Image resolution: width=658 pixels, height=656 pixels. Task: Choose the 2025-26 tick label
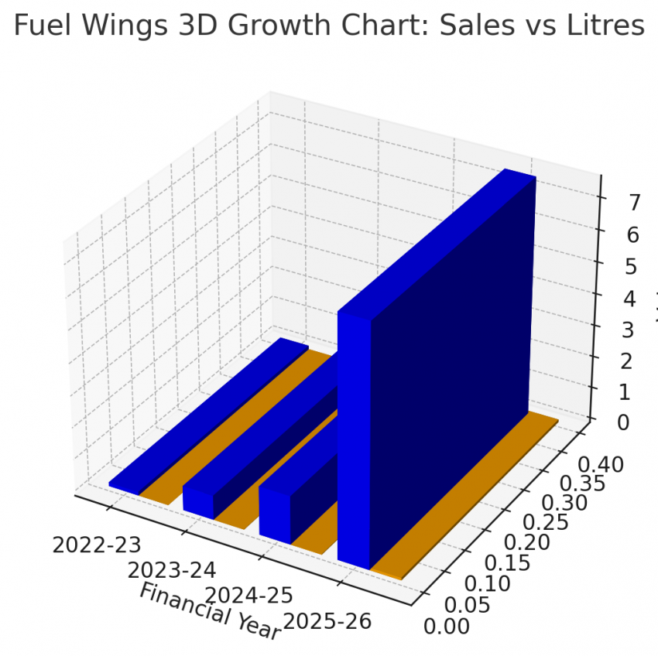point(327,620)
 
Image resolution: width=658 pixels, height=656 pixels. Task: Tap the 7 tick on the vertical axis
point(613,203)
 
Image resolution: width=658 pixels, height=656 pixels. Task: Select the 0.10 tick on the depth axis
point(489,583)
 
